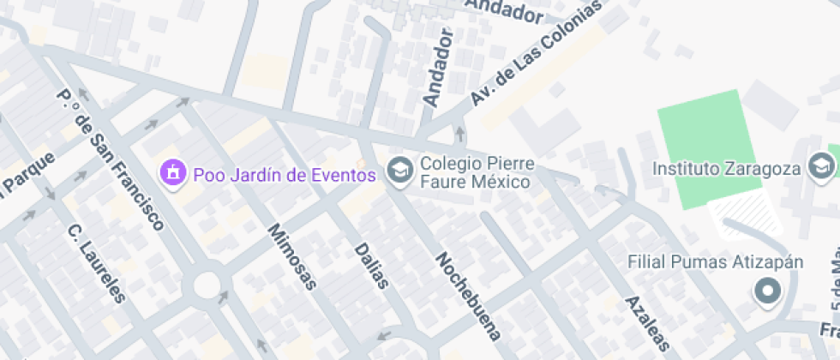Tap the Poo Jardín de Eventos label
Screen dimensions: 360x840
point(285,175)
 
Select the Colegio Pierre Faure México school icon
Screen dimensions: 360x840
point(399,171)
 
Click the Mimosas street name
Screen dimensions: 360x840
point(292,256)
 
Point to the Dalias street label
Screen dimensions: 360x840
point(371,266)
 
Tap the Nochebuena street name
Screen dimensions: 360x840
point(467,296)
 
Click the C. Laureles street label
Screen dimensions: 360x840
point(96,263)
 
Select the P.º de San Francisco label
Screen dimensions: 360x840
point(109,159)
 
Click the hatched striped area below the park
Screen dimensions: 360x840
point(747,213)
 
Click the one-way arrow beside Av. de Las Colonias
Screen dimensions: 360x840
point(459,133)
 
